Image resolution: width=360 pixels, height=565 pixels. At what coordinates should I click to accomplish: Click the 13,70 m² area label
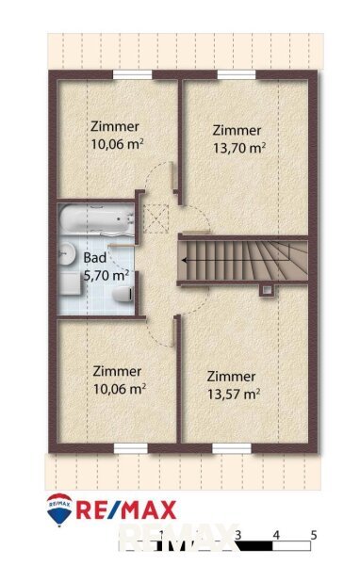(239, 148)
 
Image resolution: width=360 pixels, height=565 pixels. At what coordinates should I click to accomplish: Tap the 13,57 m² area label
(234, 394)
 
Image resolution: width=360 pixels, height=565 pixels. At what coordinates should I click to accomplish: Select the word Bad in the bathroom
(95, 258)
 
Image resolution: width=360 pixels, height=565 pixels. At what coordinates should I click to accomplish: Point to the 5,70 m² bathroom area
(106, 275)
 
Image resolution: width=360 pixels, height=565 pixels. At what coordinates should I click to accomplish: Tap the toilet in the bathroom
(123, 294)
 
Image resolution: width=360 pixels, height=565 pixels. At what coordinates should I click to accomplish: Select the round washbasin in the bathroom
(66, 252)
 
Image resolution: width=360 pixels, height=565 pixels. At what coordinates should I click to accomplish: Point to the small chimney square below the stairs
(267, 289)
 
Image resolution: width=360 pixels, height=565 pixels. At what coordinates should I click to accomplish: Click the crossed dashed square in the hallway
(155, 218)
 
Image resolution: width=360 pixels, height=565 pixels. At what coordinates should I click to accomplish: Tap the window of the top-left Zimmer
(132, 74)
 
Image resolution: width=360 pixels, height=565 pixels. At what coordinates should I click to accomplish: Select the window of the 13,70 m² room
(237, 74)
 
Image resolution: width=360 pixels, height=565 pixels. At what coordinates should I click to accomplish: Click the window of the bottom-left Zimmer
(131, 448)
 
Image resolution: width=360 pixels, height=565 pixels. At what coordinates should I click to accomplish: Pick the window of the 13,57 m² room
(232, 448)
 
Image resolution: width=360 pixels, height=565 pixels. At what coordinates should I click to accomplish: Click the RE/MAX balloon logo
(59, 510)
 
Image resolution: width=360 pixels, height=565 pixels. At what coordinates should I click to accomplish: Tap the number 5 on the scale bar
(314, 535)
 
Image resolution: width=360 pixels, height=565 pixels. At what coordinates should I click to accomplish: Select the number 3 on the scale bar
(237, 535)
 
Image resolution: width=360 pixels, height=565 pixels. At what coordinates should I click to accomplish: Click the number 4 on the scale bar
(276, 535)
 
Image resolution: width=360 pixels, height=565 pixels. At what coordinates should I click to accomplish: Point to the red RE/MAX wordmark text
(126, 509)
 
